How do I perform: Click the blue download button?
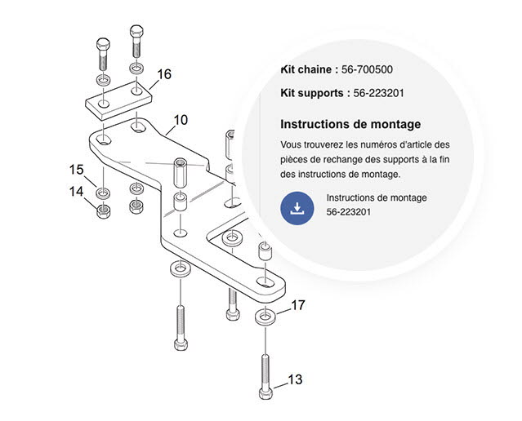[297, 208]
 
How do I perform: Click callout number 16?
[164, 74]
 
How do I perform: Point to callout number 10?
[181, 120]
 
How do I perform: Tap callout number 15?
[76, 170]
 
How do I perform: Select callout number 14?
[76, 192]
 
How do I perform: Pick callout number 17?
[298, 305]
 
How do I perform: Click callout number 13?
[295, 379]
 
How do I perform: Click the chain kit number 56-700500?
[368, 69]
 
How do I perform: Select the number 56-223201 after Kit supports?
[379, 93]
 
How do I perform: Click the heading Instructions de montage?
[350, 124]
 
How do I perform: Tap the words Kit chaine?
[306, 69]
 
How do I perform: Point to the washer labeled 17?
[265, 316]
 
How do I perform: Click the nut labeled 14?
[103, 210]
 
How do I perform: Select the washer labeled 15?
[103, 193]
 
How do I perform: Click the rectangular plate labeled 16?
[118, 100]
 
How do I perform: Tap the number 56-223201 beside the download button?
[349, 212]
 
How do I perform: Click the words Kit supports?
[312, 93]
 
